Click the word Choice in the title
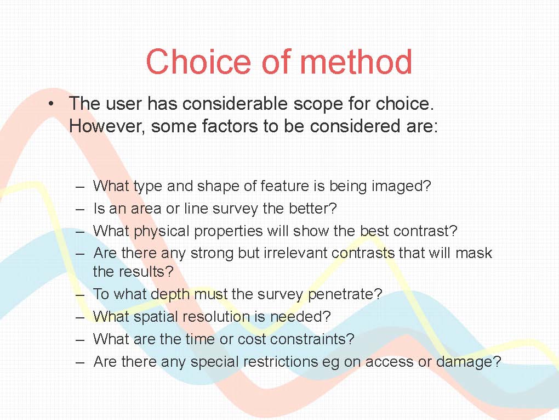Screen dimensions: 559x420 click(198, 61)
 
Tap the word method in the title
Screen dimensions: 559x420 click(356, 61)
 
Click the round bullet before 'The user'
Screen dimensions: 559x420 click(51, 104)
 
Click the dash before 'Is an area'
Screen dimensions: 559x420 click(80, 209)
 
